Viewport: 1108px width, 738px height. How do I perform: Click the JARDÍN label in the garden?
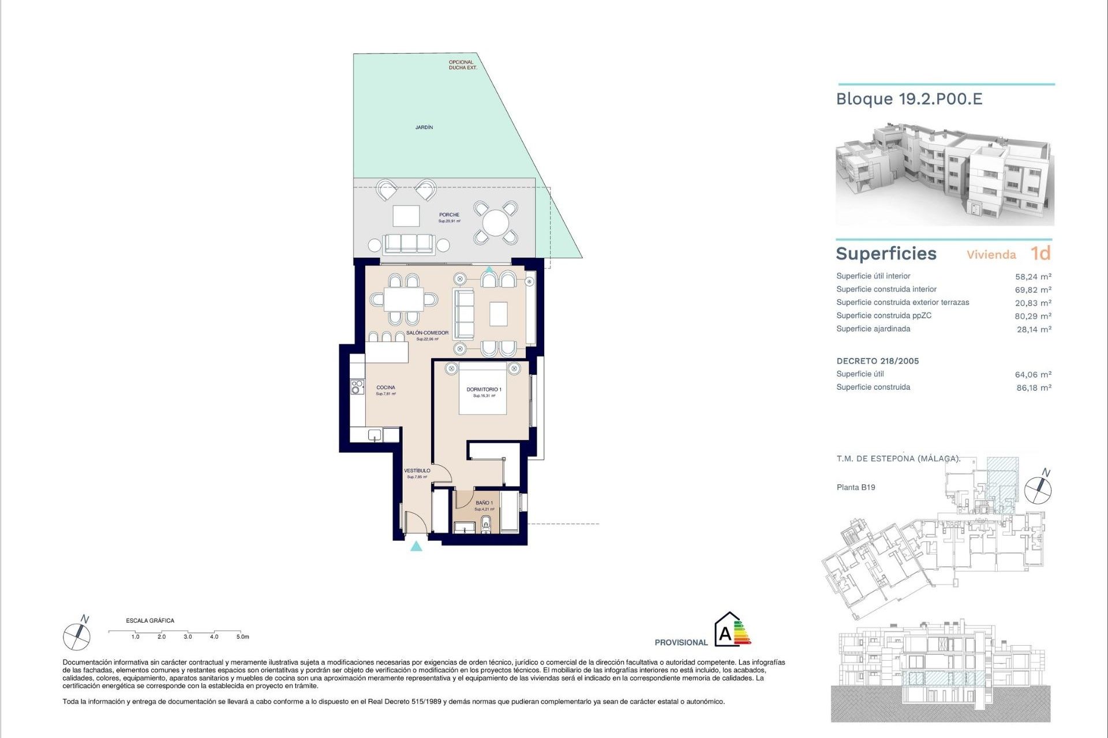tap(424, 127)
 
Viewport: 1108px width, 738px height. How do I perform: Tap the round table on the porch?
tap(495, 223)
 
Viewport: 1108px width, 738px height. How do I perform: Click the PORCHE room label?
tap(449, 215)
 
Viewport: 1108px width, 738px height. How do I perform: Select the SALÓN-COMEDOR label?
tap(427, 333)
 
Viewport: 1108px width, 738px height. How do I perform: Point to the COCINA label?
tap(385, 387)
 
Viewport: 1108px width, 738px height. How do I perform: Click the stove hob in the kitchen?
tap(358, 387)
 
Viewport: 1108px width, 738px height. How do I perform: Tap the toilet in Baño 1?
tap(486, 524)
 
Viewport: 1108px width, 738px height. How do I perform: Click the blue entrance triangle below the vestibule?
tap(416, 546)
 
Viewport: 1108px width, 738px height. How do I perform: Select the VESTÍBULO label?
tap(417, 471)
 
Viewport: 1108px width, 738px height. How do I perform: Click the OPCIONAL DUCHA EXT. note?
tap(462, 65)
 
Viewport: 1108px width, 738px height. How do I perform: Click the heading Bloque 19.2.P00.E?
tap(909, 99)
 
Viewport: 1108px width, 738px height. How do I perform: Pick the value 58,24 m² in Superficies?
tap(1033, 277)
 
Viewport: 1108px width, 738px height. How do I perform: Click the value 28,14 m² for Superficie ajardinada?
tap(1034, 329)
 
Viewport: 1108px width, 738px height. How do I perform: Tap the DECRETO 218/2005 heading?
tap(877, 361)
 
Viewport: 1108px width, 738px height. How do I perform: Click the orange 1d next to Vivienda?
tap(1040, 254)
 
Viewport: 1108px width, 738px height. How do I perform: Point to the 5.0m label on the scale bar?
tap(242, 637)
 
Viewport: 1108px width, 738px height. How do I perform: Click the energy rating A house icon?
tap(726, 631)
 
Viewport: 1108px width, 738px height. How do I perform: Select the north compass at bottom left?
tap(77, 636)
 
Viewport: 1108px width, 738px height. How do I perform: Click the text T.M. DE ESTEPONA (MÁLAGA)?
tap(898, 458)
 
